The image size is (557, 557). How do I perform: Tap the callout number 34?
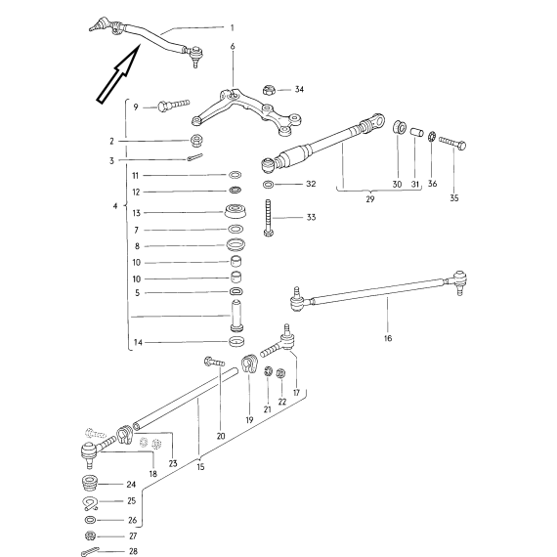299,89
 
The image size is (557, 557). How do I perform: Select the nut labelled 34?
270,90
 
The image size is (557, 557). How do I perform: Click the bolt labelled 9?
173,106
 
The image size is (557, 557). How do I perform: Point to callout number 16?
388,338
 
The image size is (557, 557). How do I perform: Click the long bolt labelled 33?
269,217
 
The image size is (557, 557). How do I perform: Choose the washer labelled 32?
268,185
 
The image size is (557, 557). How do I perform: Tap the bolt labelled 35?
452,143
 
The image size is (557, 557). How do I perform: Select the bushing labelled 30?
400,127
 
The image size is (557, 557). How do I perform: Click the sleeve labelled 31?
416,133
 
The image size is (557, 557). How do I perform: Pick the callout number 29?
369,199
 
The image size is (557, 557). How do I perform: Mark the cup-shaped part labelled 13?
236,211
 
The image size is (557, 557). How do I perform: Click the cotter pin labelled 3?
194,156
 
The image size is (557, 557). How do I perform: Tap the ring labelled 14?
236,341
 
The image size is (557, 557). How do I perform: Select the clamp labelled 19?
249,364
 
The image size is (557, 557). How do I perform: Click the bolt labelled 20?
214,362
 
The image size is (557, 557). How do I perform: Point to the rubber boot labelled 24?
90,484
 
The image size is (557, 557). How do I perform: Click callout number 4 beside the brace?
115,206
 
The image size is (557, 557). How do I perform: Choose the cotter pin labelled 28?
90,551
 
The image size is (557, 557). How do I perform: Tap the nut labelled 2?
196,141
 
